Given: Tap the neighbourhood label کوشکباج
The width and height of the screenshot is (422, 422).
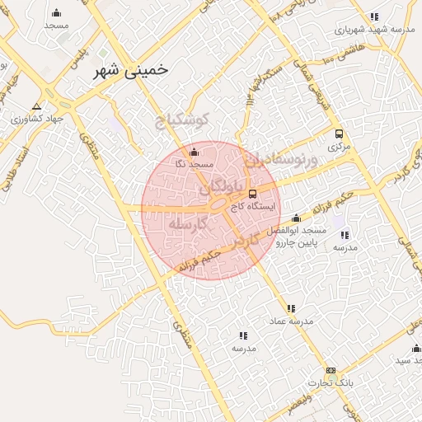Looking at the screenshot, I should [183, 119].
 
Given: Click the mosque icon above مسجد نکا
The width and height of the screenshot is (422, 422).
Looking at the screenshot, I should [195, 152].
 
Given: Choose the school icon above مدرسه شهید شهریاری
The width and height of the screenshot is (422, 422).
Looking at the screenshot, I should [375, 16].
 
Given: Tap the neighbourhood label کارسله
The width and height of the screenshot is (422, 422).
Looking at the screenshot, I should [185, 224].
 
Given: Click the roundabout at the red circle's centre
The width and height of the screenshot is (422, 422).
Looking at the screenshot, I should [218, 204].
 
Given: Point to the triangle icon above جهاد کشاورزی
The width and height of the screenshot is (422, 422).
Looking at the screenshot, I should [36, 106].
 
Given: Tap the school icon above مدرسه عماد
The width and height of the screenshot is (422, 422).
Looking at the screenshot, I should [291, 308].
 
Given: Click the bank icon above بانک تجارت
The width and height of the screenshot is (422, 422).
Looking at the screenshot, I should [331, 371].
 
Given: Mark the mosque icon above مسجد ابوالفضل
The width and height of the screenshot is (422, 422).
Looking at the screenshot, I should [296, 218].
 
